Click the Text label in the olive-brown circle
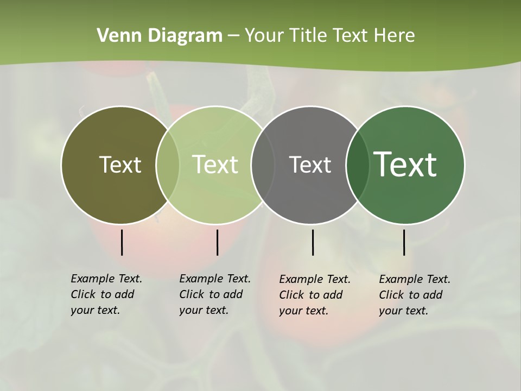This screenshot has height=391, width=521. click(x=120, y=165)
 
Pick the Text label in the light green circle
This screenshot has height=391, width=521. click(x=215, y=165)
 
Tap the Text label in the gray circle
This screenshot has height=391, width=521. click(x=310, y=165)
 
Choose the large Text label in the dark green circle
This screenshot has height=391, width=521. click(x=405, y=165)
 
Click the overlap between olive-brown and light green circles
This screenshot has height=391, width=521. click(x=168, y=165)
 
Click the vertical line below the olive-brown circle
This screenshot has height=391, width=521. click(x=122, y=242)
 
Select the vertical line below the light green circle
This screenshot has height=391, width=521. click(x=217, y=242)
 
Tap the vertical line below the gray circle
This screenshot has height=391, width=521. click(x=313, y=242)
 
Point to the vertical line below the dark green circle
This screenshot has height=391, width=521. click(x=404, y=242)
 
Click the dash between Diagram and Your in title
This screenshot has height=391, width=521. click(x=233, y=36)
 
